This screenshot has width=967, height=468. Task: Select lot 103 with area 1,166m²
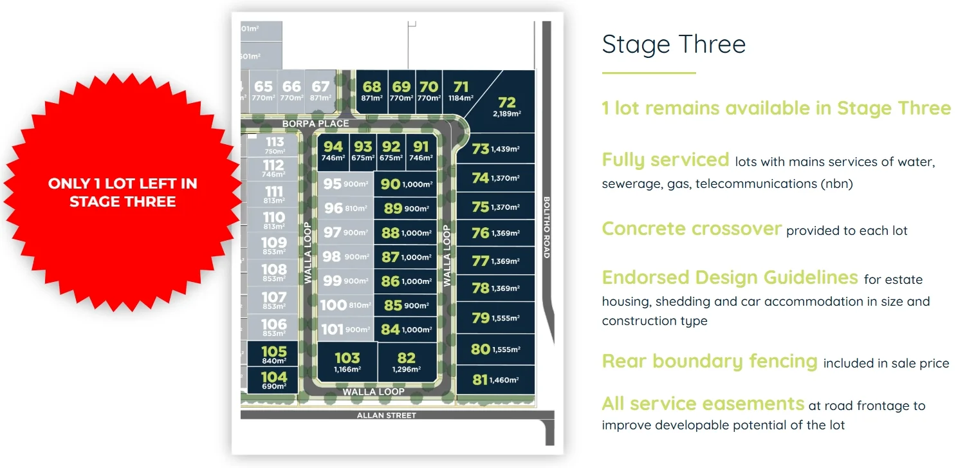click(x=347, y=362)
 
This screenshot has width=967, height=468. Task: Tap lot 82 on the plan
click(x=406, y=362)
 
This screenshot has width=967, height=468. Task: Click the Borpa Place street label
click(x=315, y=123)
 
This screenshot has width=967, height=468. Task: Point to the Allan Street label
click(x=386, y=415)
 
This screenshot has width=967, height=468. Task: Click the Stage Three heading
click(x=674, y=44)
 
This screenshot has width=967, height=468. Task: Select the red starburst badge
click(x=122, y=192)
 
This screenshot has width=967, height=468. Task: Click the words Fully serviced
click(x=665, y=160)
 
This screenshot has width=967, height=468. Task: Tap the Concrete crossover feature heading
click(x=692, y=229)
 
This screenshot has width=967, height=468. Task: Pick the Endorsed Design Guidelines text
click(x=730, y=277)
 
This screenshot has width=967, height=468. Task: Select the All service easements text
click(x=703, y=404)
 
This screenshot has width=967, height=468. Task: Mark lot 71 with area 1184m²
click(x=461, y=91)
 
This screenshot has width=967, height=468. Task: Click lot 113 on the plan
click(x=274, y=145)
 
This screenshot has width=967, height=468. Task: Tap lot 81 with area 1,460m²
click(x=495, y=380)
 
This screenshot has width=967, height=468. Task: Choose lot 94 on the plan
click(x=333, y=150)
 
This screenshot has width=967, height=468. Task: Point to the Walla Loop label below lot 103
click(x=373, y=391)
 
